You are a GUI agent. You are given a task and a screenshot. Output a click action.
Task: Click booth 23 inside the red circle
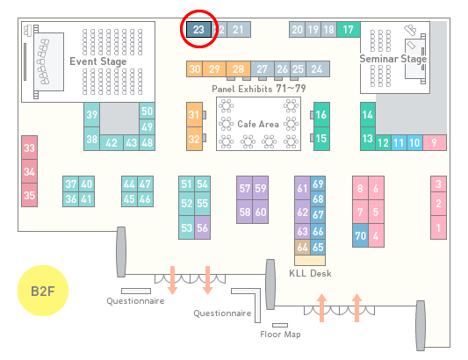(x=198, y=29)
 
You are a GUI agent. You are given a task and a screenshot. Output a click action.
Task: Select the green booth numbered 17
(x=349, y=29)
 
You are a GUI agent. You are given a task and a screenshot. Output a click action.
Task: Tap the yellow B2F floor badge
(x=43, y=291)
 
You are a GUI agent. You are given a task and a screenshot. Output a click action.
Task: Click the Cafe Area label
(x=258, y=124)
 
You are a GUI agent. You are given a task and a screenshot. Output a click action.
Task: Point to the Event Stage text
(x=98, y=61)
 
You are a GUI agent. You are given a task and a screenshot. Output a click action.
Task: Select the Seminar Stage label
(x=393, y=59)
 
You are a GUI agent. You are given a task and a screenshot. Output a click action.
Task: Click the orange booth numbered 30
(x=195, y=69)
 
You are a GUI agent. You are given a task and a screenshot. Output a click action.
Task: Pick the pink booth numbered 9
(x=435, y=143)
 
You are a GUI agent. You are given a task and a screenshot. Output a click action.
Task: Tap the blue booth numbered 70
(x=360, y=235)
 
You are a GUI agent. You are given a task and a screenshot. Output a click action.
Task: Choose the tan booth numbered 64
(x=303, y=247)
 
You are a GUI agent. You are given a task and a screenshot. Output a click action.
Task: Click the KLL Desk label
(x=310, y=273)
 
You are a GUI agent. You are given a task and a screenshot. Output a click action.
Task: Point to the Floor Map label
(x=280, y=334)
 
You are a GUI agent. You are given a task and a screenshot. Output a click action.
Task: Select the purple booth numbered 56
(x=202, y=227)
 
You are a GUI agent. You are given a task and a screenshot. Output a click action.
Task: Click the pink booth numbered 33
(x=29, y=148)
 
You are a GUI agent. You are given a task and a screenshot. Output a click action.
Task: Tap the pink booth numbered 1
(x=438, y=227)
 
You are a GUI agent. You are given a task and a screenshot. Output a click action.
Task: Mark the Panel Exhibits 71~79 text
(x=259, y=89)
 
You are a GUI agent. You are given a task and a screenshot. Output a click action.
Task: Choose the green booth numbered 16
(x=321, y=115)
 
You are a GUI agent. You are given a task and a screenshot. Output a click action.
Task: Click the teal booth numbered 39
(x=91, y=115)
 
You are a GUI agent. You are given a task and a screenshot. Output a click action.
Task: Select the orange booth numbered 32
(x=194, y=139)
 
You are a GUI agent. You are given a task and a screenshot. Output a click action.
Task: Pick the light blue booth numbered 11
(x=399, y=143)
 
